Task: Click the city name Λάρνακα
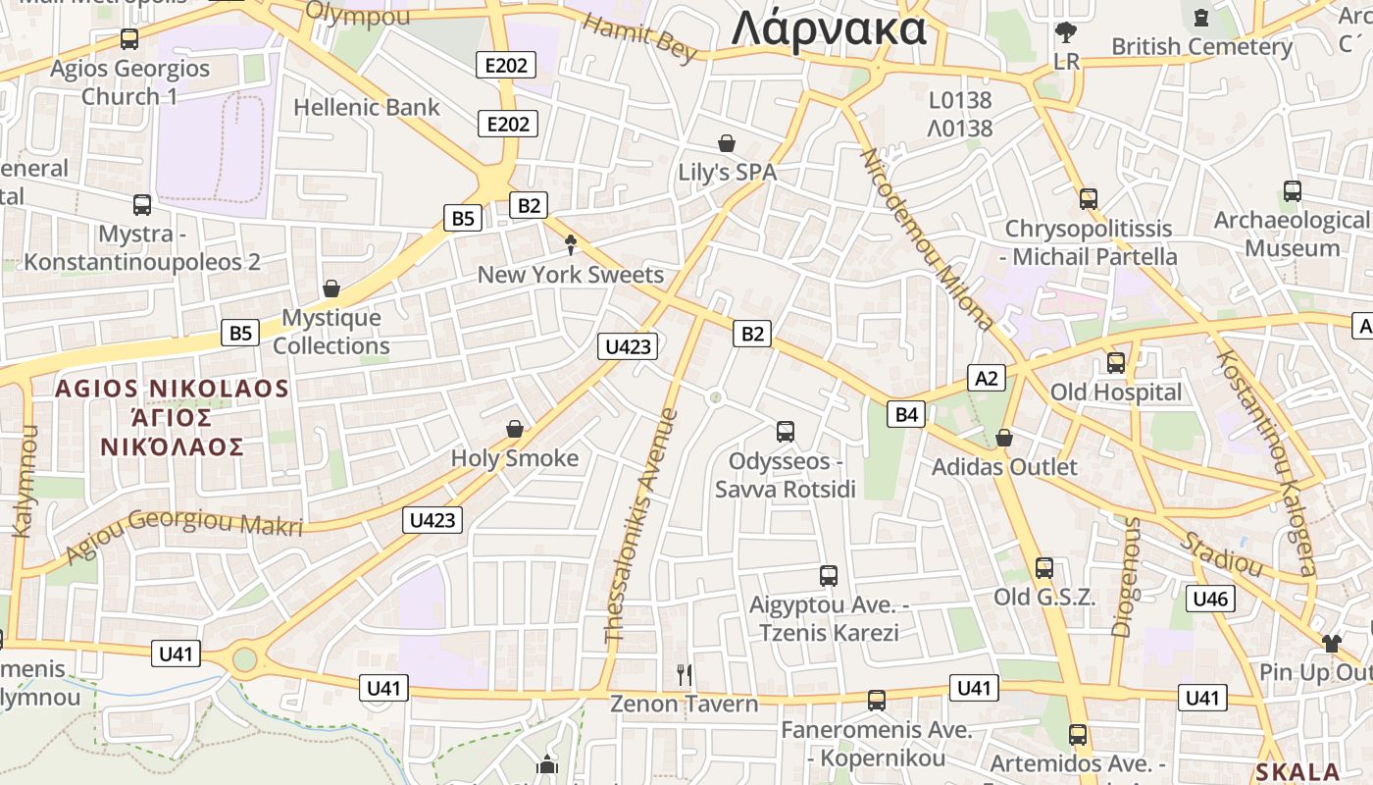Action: tap(829, 27)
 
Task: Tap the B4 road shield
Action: tap(906, 414)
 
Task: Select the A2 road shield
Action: tap(987, 378)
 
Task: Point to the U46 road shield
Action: tap(1210, 599)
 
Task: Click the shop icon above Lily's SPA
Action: tap(727, 143)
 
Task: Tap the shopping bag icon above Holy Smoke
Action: tap(514, 429)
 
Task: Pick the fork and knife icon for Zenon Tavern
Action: tap(685, 674)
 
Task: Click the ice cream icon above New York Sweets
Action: tap(571, 245)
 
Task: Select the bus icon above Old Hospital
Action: tap(1116, 363)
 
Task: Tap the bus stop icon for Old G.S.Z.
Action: tap(1044, 567)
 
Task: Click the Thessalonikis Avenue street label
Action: tap(642, 525)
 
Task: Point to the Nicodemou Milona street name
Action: tap(927, 239)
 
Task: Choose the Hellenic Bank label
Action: tap(367, 107)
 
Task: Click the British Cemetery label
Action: tap(1201, 46)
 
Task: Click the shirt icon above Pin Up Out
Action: tap(1331, 643)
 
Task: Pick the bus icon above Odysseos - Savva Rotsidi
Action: tap(785, 431)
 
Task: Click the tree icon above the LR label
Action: tap(1065, 32)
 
